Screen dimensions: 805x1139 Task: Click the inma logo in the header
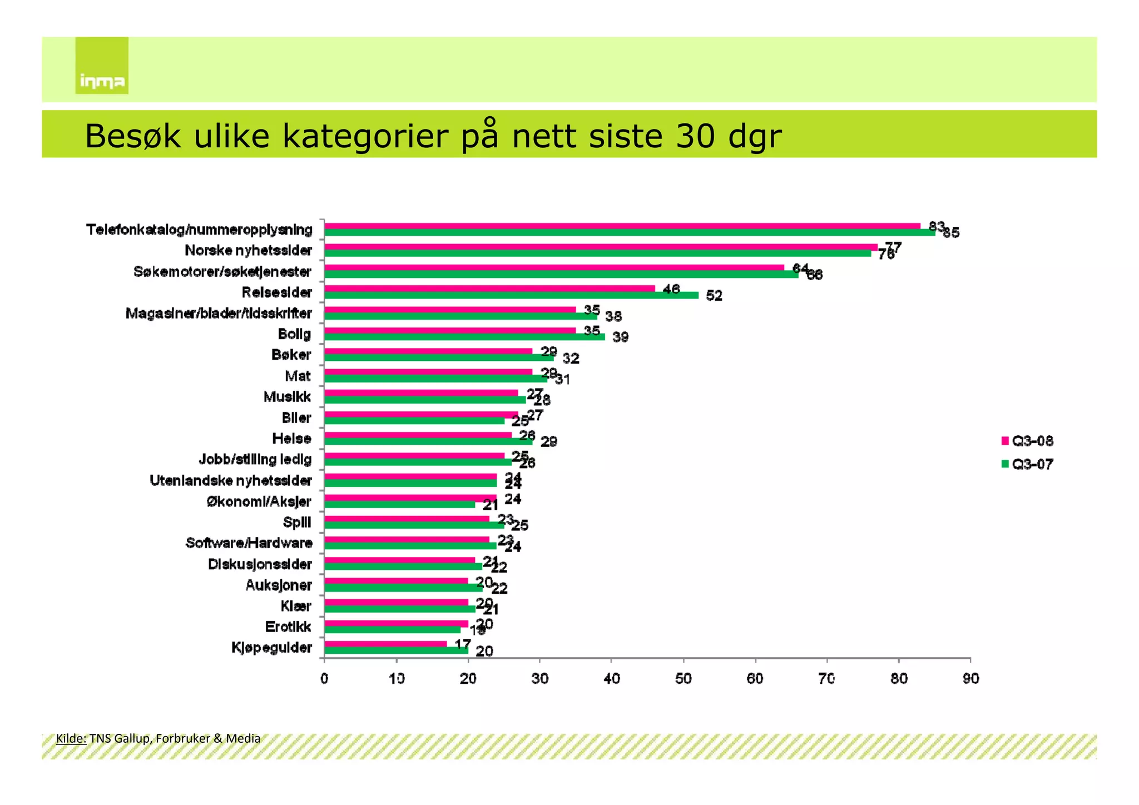click(x=102, y=66)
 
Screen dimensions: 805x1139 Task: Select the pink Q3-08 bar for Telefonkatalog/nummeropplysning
click(x=622, y=226)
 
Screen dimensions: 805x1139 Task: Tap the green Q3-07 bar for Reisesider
click(x=511, y=295)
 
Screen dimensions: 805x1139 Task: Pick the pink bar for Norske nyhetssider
click(x=601, y=247)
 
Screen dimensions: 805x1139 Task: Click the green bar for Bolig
click(x=464, y=337)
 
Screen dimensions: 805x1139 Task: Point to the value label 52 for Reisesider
click(x=714, y=296)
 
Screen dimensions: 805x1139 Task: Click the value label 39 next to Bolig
click(x=620, y=337)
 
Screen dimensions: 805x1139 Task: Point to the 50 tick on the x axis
click(x=684, y=679)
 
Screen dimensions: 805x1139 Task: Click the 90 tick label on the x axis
click(x=970, y=679)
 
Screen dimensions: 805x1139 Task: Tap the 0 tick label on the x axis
click(x=324, y=679)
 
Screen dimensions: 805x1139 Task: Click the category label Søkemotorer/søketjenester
click(x=222, y=272)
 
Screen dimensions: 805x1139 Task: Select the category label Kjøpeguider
click(x=271, y=648)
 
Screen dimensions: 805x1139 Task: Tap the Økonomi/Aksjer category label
click(x=259, y=501)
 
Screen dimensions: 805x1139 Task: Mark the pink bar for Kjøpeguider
click(x=385, y=644)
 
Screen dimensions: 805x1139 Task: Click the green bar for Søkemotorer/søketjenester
click(x=561, y=275)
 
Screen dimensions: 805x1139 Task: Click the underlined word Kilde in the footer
click(x=71, y=738)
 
